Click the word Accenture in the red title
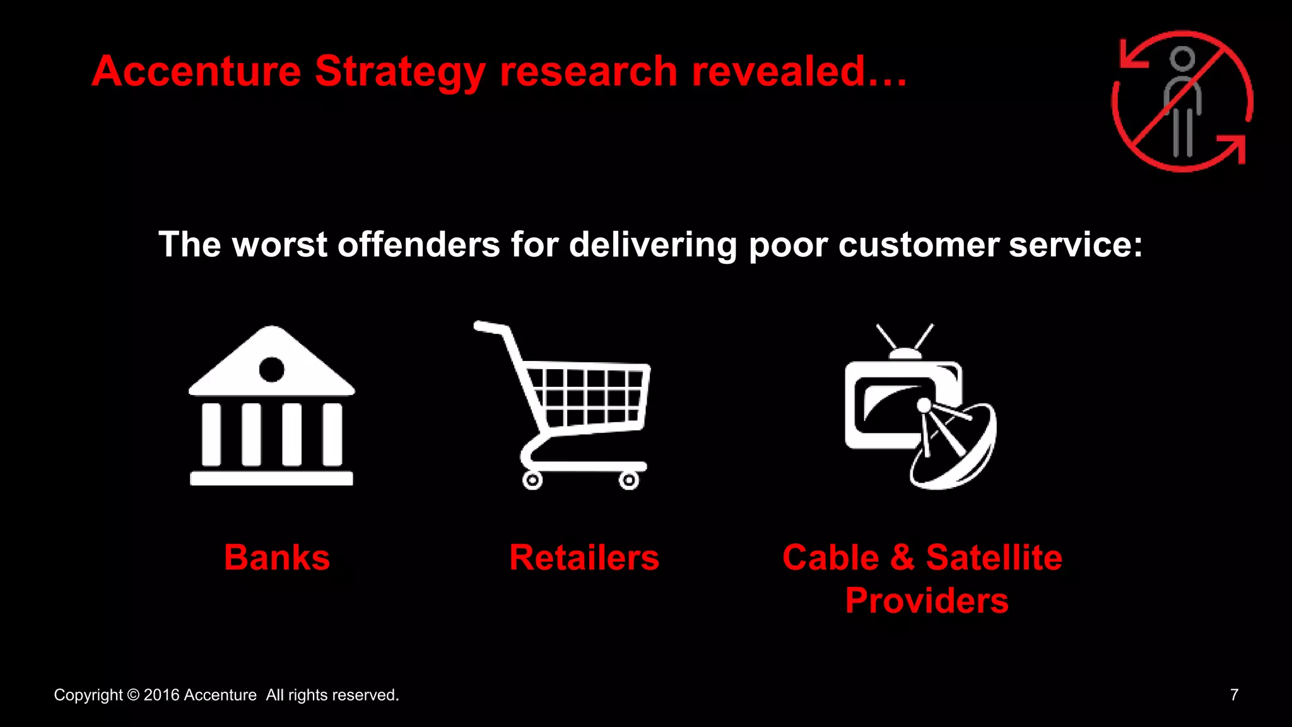[x=196, y=71]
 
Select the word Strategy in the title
[x=400, y=72]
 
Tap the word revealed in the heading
[x=778, y=71]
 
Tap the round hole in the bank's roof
[x=272, y=369]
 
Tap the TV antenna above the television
[x=905, y=341]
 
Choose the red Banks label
[x=277, y=558]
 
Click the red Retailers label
[x=584, y=558]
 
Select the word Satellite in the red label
[x=994, y=558]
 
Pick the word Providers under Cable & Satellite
[x=927, y=600]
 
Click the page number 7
[x=1234, y=695]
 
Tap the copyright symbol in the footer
[x=133, y=695]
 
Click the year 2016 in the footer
[x=161, y=695]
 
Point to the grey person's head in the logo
[x=1182, y=59]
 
